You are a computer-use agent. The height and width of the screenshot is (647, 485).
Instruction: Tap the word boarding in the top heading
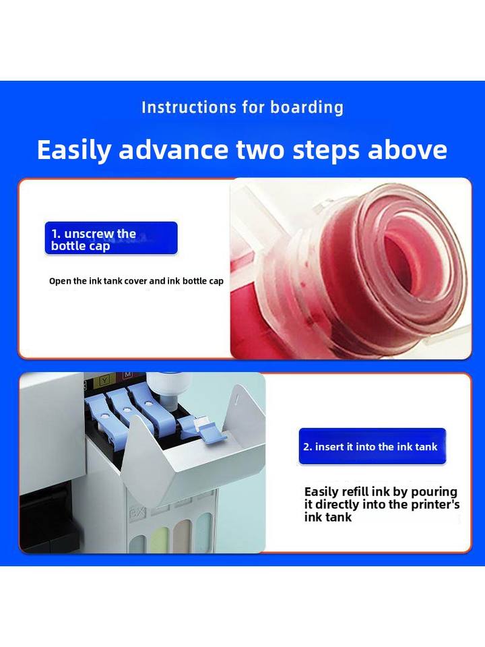point(307,107)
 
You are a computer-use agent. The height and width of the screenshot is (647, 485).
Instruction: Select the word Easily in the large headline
point(74,150)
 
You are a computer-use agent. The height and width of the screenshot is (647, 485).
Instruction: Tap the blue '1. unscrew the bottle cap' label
point(111,238)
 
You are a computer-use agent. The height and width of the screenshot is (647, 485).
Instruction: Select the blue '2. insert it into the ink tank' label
point(373,446)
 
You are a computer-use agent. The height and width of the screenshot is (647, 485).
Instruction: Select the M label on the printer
point(128,375)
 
